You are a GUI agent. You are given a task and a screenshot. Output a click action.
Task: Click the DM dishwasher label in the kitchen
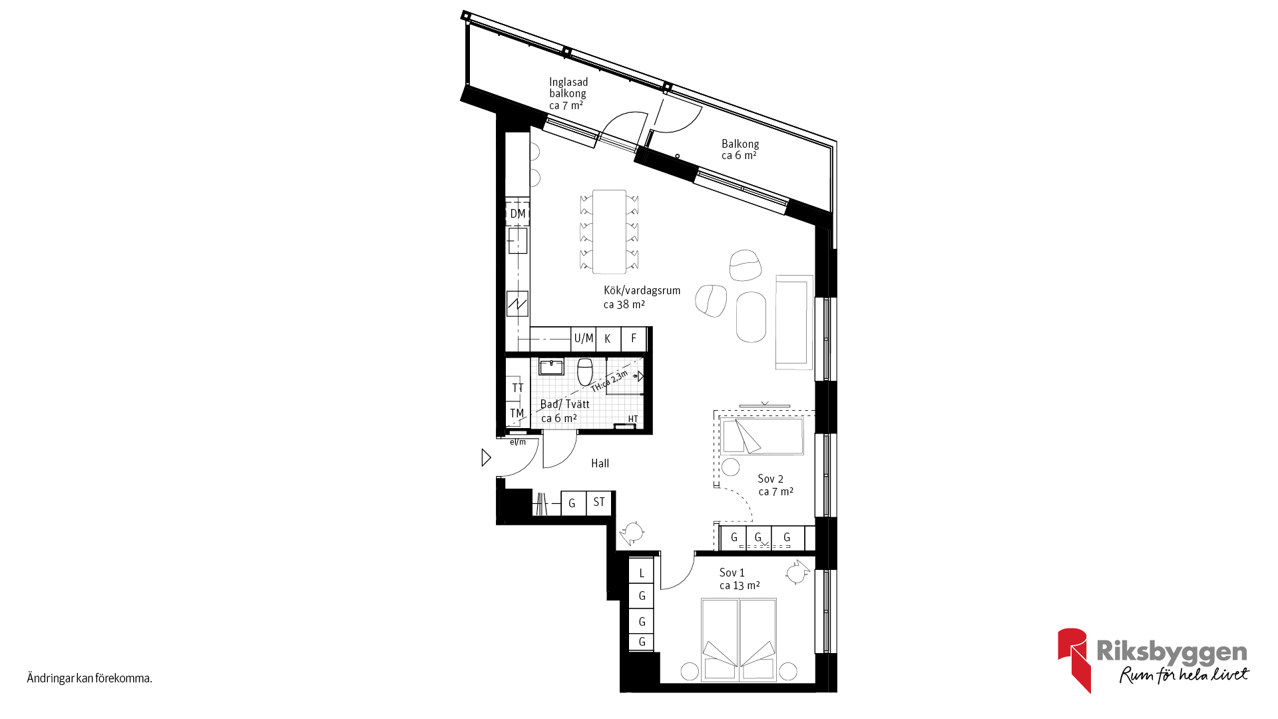click(518, 214)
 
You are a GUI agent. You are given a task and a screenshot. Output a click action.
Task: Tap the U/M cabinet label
click(584, 338)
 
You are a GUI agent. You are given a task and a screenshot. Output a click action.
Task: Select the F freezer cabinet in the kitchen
click(634, 339)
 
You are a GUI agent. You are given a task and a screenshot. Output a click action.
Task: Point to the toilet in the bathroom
click(585, 371)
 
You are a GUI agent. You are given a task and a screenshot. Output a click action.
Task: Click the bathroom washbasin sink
click(551, 366)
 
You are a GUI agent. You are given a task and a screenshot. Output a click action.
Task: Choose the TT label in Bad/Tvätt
click(518, 388)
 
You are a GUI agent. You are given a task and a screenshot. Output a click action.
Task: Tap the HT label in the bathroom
click(633, 419)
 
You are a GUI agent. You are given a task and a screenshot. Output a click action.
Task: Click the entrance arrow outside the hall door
click(487, 457)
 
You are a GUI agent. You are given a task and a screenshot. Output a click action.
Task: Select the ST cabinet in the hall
click(599, 503)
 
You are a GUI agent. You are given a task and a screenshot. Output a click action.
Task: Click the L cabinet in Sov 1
click(642, 572)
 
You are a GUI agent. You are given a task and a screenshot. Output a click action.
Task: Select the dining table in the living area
click(609, 232)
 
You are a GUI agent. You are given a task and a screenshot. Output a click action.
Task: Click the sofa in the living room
click(794, 322)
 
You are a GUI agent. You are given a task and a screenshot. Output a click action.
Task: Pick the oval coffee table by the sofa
click(751, 317)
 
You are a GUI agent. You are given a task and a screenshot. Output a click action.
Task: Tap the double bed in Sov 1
click(739, 640)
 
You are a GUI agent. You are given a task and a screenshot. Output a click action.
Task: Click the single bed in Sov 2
click(761, 436)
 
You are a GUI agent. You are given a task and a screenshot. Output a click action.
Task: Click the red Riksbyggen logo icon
click(1074, 659)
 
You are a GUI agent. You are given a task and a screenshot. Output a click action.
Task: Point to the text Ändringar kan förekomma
click(90, 678)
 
